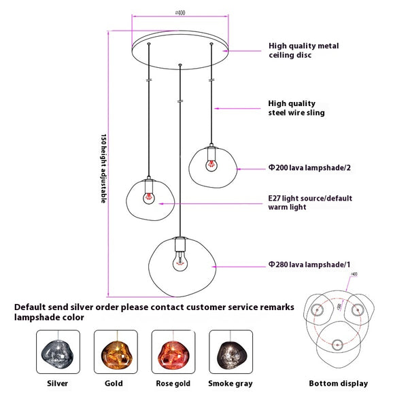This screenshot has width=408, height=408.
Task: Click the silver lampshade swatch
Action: pyautogui.click(x=58, y=352)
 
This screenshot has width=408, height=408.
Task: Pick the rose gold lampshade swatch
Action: pyautogui.click(x=172, y=352)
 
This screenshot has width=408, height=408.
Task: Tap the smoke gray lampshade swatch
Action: pyautogui.click(x=231, y=352)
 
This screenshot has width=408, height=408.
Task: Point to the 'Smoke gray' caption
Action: pyautogui.click(x=231, y=384)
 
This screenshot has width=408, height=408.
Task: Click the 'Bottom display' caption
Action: pyautogui.click(x=338, y=384)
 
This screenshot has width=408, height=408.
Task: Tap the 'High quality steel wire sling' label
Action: pyautogui.click(x=296, y=108)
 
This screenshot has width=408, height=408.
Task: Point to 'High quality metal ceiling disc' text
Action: pyautogui.click(x=303, y=50)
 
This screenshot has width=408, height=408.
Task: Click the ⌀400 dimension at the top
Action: pyautogui.click(x=180, y=12)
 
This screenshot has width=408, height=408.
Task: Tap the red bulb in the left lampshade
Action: pyautogui.click(x=148, y=197)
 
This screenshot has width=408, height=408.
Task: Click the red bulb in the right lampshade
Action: pyautogui.click(x=211, y=163)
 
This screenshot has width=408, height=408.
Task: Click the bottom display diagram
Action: pyautogui.click(x=338, y=323)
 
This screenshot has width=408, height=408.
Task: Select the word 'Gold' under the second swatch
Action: pyautogui.click(x=114, y=384)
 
